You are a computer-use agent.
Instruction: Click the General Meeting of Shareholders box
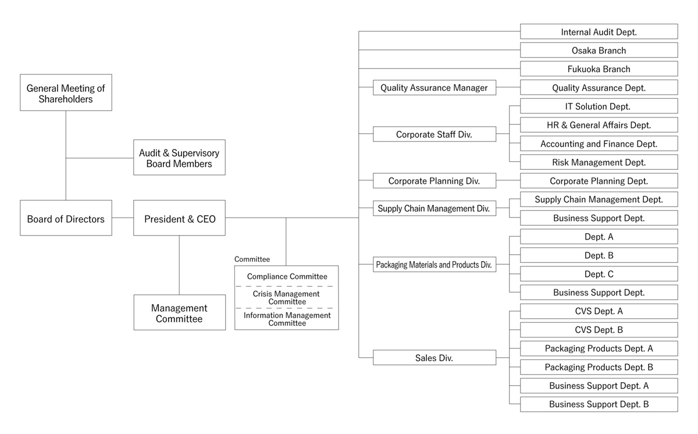coord(66,93)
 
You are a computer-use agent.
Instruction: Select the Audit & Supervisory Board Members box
coord(179,158)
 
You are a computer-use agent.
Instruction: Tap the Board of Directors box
coord(66,218)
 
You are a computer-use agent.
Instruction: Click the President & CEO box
coord(179,218)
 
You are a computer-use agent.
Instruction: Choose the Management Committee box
coord(179,312)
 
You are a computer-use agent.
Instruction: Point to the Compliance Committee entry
coord(287,276)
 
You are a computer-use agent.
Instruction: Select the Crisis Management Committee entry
coord(287,297)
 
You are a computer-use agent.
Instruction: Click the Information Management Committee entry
coord(287,319)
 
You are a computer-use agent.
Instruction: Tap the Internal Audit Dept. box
coord(599,31)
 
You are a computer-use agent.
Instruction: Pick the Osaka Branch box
coord(599,50)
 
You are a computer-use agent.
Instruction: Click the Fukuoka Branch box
coord(599,69)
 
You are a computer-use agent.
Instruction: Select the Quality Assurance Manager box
coord(434,87)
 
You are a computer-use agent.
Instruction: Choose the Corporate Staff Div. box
coord(434,134)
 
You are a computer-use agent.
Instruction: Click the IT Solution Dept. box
coord(599,106)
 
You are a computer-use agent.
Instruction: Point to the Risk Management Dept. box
coord(599,162)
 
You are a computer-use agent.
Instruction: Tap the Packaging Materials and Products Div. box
coord(434,264)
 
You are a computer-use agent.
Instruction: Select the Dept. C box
coord(599,273)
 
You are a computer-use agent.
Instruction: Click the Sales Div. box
coord(434,357)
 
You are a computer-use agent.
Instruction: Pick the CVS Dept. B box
coord(599,329)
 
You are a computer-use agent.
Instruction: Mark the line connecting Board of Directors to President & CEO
coord(123,218)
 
